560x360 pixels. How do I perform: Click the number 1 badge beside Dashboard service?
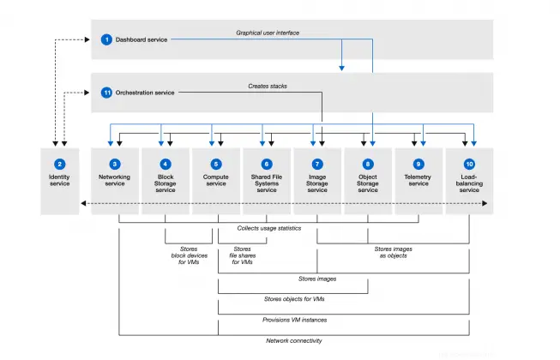106,39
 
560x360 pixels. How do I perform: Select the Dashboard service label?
142,39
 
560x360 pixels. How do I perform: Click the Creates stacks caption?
269,85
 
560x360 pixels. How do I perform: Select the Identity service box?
59,180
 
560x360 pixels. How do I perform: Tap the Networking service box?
114,180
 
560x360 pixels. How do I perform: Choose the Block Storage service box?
165,180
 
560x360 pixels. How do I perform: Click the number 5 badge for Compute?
215,163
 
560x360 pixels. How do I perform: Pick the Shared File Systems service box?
266,180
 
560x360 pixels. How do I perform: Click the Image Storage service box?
316,180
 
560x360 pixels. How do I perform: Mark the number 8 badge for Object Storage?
367,163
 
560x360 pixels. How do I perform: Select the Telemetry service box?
418,180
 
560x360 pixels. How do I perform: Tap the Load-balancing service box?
468,180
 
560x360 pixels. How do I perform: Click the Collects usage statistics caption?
268,228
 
